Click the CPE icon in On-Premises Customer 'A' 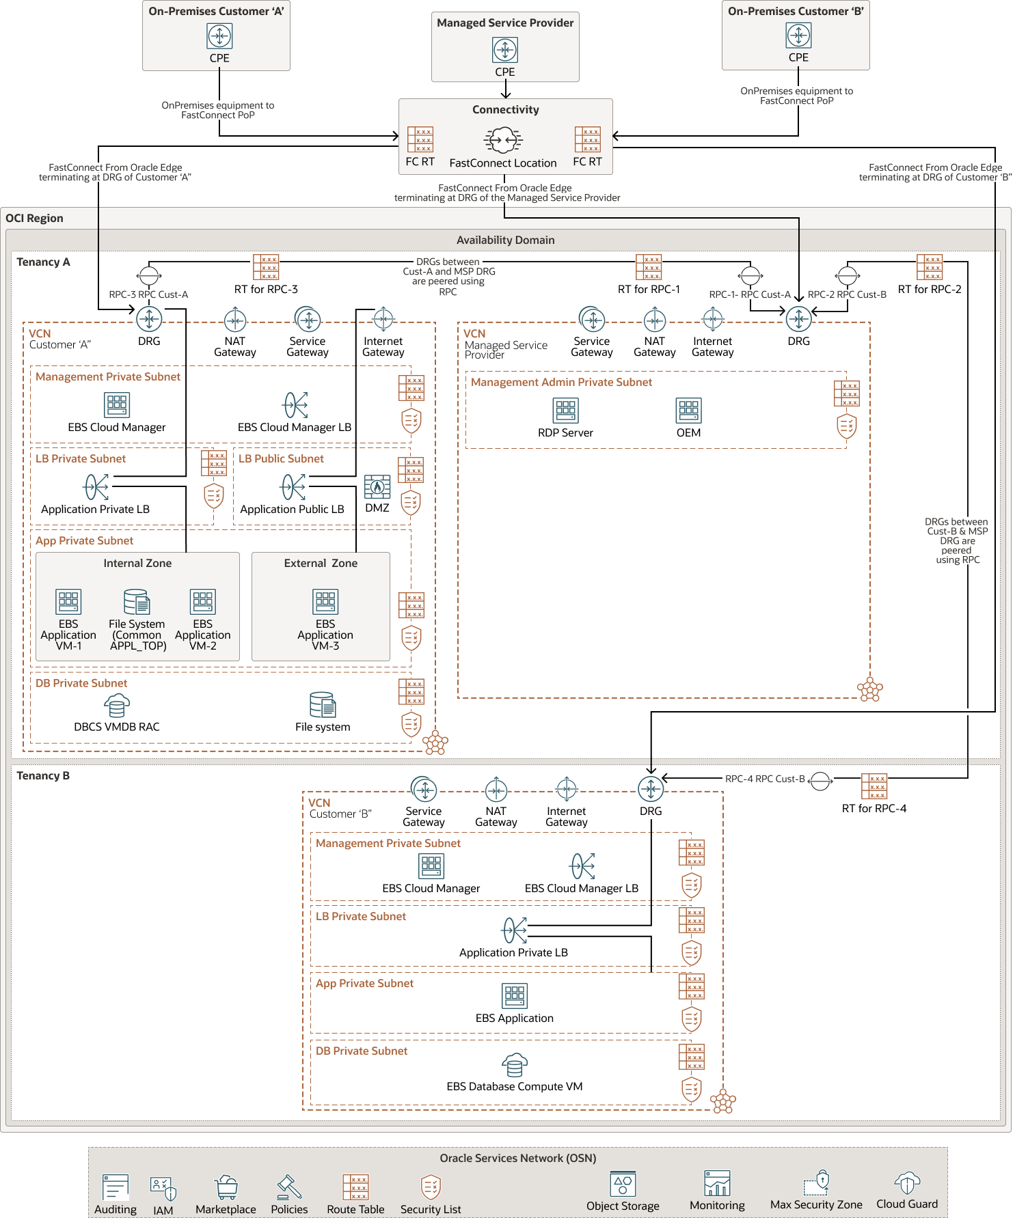[x=219, y=36]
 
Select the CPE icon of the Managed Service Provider [x=505, y=50]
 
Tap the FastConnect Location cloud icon [x=504, y=140]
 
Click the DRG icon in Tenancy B [x=651, y=789]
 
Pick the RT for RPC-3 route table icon [x=266, y=267]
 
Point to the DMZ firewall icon [x=377, y=487]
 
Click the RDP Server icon [x=565, y=411]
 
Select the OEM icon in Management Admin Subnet [x=688, y=411]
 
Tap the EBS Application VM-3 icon [x=325, y=602]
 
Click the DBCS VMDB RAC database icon [x=117, y=706]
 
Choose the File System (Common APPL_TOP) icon [x=137, y=602]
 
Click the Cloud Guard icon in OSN [x=907, y=1183]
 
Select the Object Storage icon [x=623, y=1184]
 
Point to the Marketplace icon [x=226, y=1187]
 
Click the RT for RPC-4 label [x=874, y=808]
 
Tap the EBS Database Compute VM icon [x=515, y=1064]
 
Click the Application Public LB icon [x=293, y=487]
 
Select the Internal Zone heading [x=137, y=563]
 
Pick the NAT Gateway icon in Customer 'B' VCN [x=496, y=790]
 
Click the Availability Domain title [x=505, y=240]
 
